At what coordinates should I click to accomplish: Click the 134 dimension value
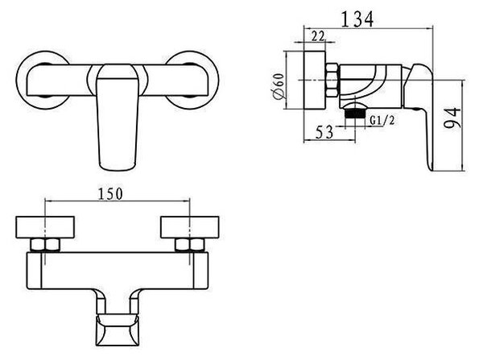click(x=357, y=19)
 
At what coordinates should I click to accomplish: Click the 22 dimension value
click(x=318, y=36)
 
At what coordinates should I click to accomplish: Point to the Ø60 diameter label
click(x=279, y=87)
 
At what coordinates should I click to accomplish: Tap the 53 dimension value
click(x=324, y=133)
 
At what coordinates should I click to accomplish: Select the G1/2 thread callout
click(x=382, y=120)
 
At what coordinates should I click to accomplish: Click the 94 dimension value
click(x=452, y=118)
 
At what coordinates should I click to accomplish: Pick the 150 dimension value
click(x=110, y=194)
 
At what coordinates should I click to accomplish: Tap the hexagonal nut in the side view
click(x=332, y=80)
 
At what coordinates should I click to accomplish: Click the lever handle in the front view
click(x=118, y=117)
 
